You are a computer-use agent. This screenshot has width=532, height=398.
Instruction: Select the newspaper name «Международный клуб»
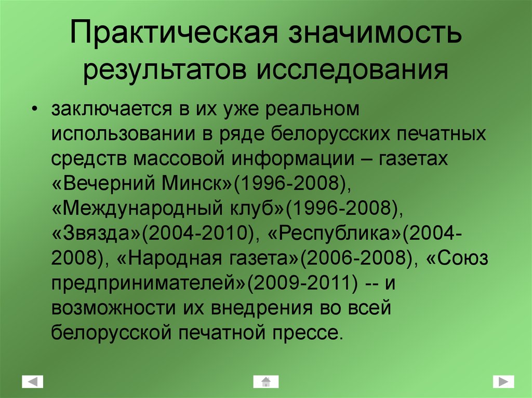pyautogui.click(x=169, y=209)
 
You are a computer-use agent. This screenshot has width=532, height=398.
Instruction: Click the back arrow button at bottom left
pyautogui.click(x=32, y=382)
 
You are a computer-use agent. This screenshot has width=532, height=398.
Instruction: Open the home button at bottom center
pyautogui.click(x=266, y=382)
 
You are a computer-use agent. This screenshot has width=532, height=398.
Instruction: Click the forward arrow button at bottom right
pyautogui.click(x=503, y=382)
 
